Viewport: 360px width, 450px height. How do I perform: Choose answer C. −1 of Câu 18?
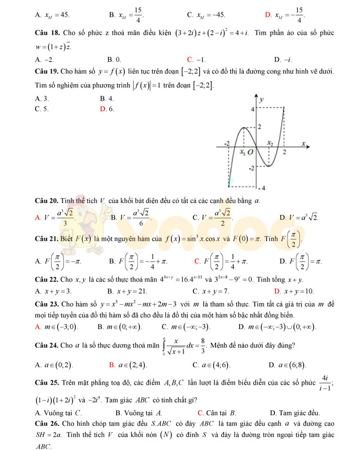(x=196, y=59)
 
